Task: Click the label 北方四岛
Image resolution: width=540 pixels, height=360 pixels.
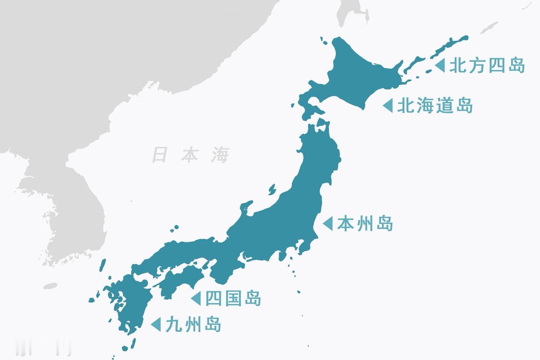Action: [x=486, y=66]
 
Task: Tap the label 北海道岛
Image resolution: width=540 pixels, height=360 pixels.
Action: [x=435, y=105]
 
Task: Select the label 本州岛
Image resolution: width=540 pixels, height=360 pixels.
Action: [x=364, y=223]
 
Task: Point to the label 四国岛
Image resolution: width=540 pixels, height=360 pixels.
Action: [x=233, y=298]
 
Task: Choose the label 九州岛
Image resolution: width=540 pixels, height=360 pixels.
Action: [x=193, y=325]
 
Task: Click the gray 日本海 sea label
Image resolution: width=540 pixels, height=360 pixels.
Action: [x=190, y=155]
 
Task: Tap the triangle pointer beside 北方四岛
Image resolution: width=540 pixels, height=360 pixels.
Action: [x=440, y=65]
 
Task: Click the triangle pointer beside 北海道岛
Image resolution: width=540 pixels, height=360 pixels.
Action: [x=388, y=105]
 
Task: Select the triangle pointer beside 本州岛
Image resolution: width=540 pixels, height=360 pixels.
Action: [x=328, y=223]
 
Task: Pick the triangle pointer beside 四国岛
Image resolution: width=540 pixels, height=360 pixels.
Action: [x=196, y=298]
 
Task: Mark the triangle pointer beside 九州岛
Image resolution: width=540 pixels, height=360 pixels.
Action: [x=156, y=325]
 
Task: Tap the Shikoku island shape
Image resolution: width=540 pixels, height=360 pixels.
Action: [x=181, y=280]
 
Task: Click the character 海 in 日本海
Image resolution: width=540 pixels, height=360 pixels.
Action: [x=220, y=155]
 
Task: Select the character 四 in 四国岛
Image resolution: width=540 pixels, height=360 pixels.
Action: [x=213, y=298]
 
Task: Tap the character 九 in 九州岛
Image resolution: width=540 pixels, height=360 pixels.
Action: [x=174, y=325]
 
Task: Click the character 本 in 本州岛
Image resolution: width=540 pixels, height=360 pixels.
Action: [x=345, y=223]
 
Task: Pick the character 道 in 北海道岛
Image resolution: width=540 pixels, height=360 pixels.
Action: [x=444, y=105]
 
